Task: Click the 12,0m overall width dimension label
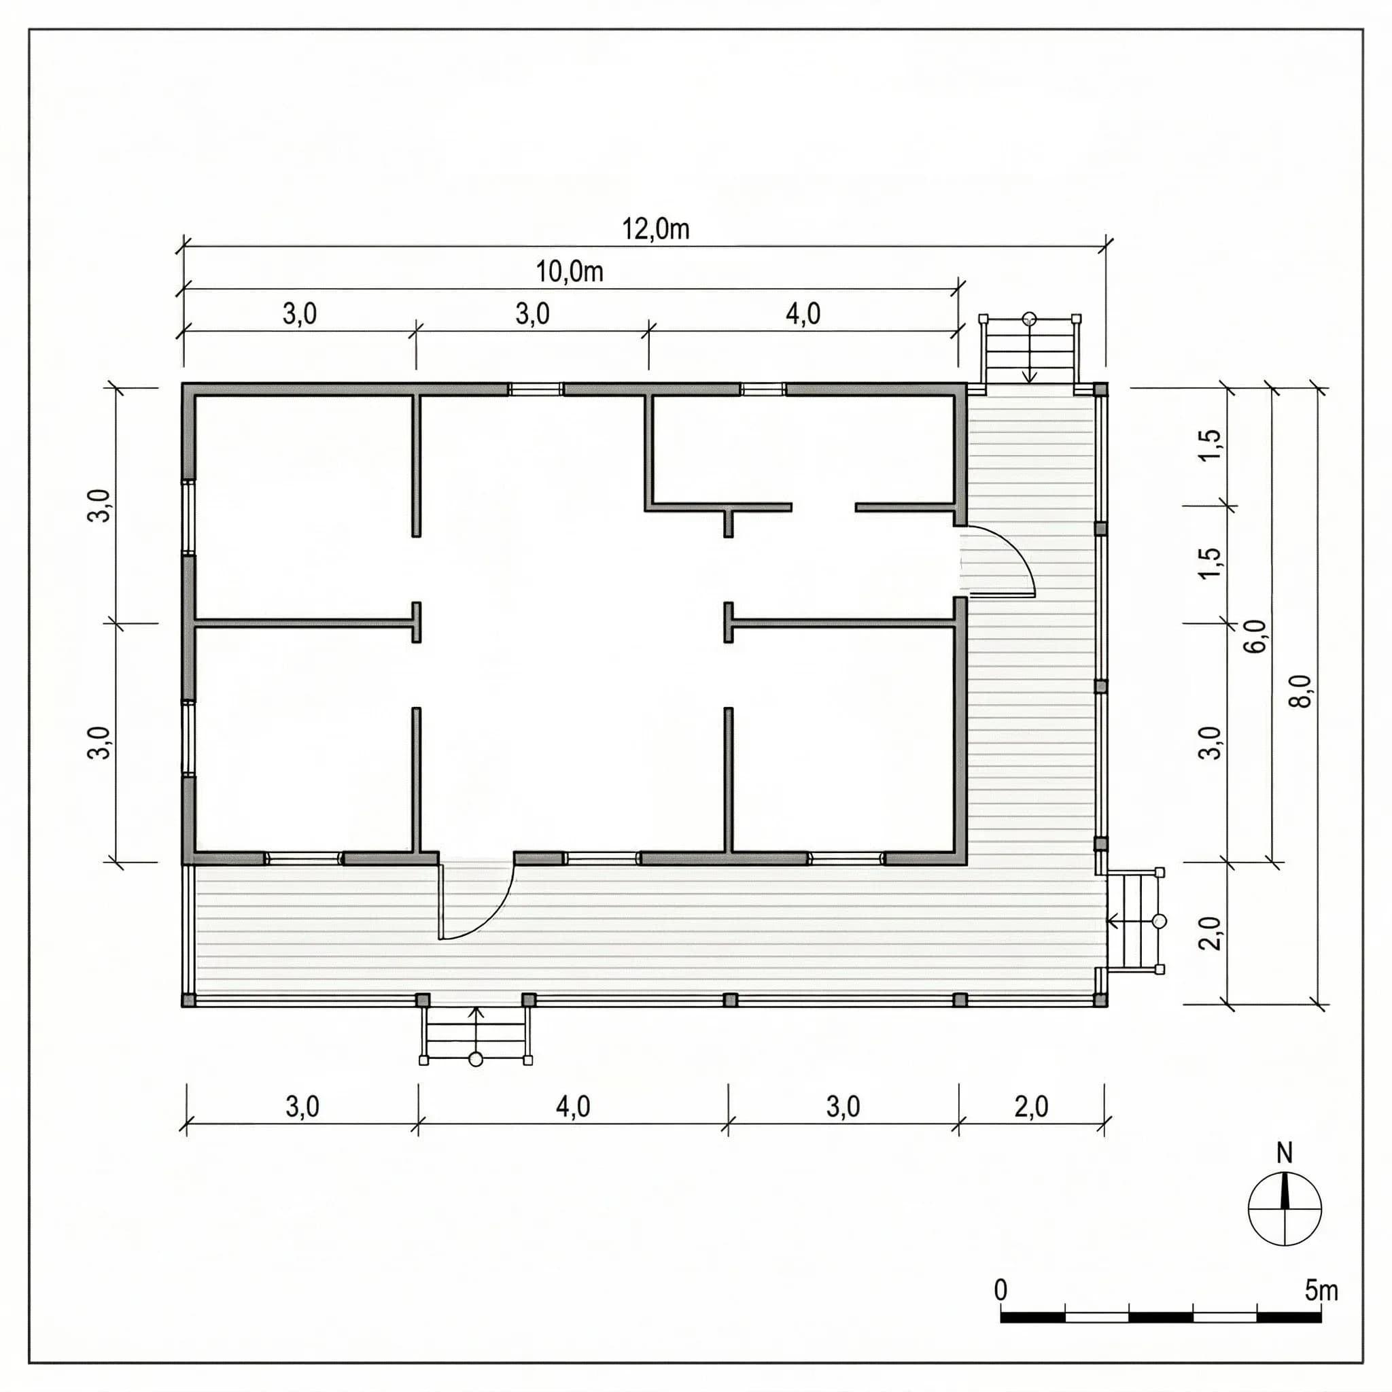pos(655,229)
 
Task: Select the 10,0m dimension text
pos(569,272)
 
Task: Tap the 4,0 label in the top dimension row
pos(803,313)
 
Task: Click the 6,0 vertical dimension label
pos(1256,636)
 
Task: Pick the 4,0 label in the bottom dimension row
pos(573,1106)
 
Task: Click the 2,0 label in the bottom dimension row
pos(1031,1106)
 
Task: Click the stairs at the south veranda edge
pos(476,1033)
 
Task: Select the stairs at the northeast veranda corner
pos(1029,351)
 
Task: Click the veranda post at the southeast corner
pos(1100,1000)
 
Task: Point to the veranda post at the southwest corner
pos(188,1000)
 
